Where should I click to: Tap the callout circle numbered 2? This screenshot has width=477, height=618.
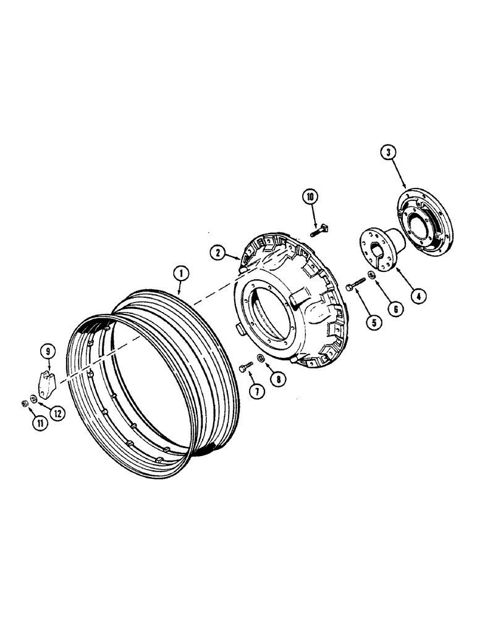(216, 252)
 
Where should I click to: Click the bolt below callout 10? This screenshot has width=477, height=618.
(319, 231)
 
